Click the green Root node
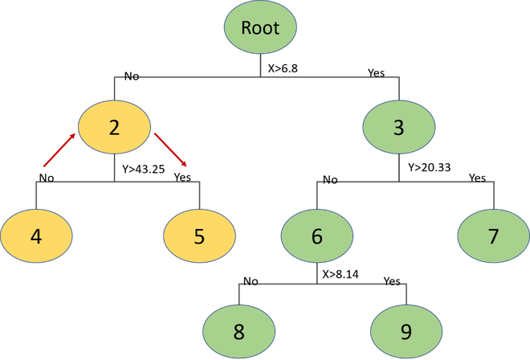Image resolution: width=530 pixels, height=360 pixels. click(x=260, y=27)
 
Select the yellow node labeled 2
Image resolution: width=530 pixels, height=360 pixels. click(x=114, y=127)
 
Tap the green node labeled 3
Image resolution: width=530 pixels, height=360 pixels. click(x=399, y=127)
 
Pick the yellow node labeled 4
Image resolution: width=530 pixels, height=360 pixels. click(x=36, y=235)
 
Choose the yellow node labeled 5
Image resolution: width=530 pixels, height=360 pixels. click(x=199, y=235)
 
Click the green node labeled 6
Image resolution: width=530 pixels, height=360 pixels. click(x=317, y=235)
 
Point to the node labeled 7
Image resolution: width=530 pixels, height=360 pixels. click(x=494, y=235)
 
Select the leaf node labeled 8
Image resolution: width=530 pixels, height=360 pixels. click(x=239, y=331)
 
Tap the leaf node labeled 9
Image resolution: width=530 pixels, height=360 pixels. click(x=406, y=331)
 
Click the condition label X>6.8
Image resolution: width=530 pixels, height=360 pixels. click(x=283, y=68)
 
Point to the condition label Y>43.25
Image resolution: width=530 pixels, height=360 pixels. click(x=144, y=169)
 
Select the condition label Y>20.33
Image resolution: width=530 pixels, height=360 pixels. click(x=430, y=167)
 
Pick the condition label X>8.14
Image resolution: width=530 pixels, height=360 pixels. click(x=340, y=274)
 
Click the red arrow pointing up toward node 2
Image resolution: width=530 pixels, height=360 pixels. click(x=59, y=150)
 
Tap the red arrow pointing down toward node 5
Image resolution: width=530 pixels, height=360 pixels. click(x=170, y=149)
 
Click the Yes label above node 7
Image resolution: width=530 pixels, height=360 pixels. click(x=477, y=178)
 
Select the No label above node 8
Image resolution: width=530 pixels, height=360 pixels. click(x=251, y=281)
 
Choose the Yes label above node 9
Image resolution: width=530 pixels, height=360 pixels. click(x=392, y=281)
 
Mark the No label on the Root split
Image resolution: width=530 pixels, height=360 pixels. click(x=132, y=76)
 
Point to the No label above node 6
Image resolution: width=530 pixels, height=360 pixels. click(x=330, y=180)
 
